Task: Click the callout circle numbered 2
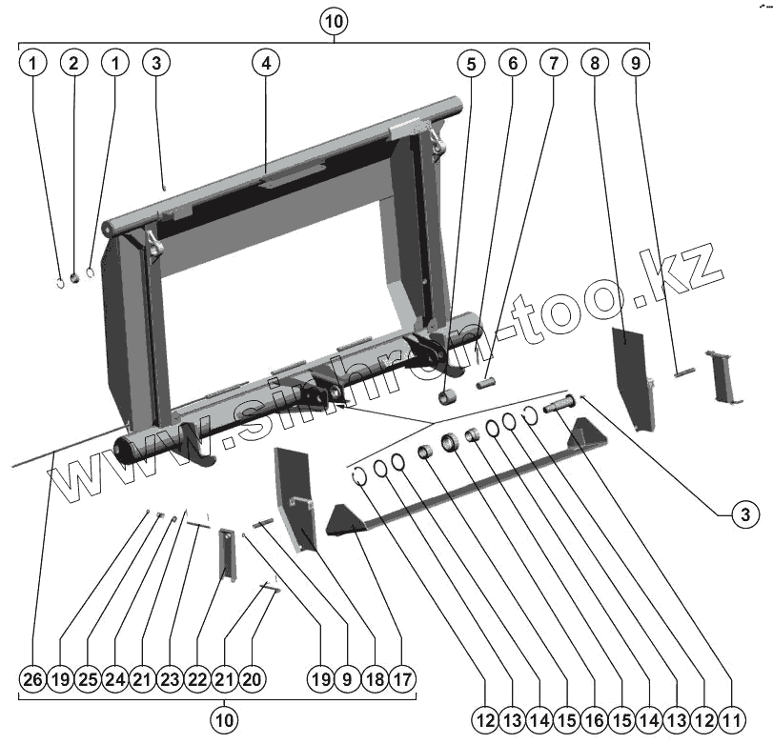[x=74, y=63]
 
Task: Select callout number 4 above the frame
[x=266, y=63]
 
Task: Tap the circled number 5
[x=470, y=63]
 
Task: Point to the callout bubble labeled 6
[x=512, y=63]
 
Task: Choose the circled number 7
[x=552, y=63]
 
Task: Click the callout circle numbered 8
[x=595, y=63]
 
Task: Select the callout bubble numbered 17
[x=402, y=680]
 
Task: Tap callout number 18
[x=375, y=680]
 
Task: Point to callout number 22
[x=198, y=680]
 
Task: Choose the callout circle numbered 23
[x=171, y=680]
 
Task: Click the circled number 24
[x=115, y=680]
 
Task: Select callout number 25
[x=88, y=680]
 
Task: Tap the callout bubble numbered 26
[x=33, y=680]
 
